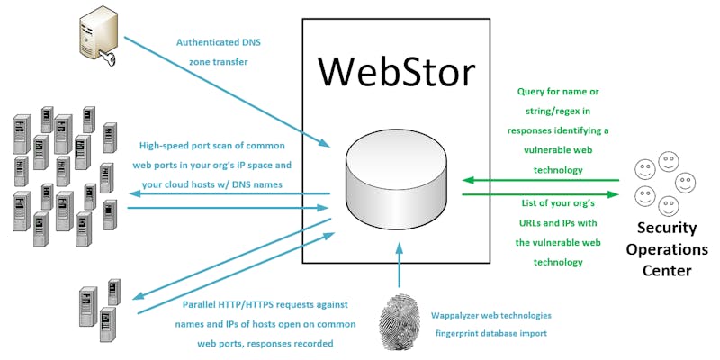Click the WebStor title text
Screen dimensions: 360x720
point(397,72)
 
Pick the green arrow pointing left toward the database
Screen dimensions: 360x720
point(540,180)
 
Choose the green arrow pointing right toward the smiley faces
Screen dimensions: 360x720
point(540,193)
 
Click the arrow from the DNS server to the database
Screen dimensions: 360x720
point(225,90)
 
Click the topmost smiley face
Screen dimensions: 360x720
point(667,162)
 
